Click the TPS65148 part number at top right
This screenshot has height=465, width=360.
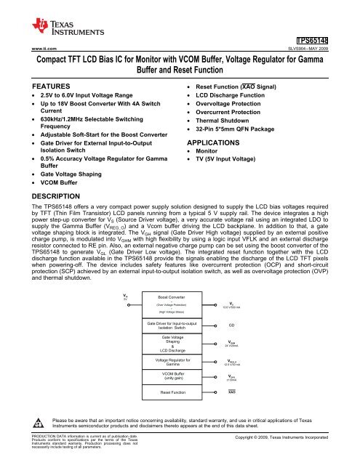point(335,41)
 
